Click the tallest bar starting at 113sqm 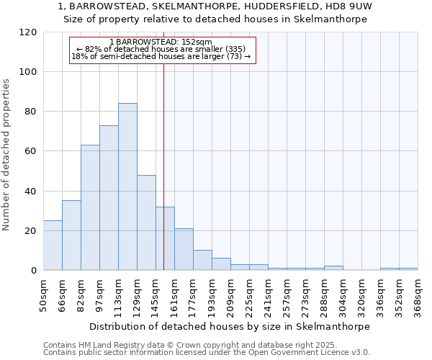[x=127, y=186]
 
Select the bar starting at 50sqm [x=53, y=246]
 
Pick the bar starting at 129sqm [x=146, y=222]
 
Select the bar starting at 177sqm [x=202, y=260]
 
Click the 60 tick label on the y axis [x=31, y=151]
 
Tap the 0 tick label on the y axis [x=34, y=271]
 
